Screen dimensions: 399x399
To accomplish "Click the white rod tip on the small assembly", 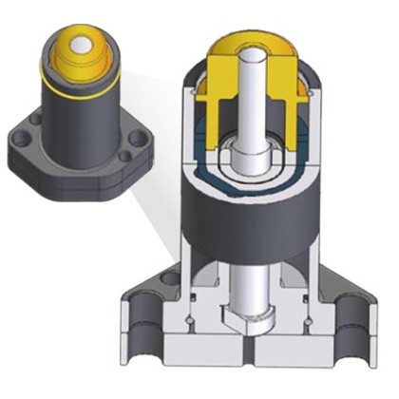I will pos(78,45).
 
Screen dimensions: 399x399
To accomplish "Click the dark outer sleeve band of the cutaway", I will pos(247,228).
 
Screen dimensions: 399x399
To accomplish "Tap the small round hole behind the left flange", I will pos(171,278).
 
